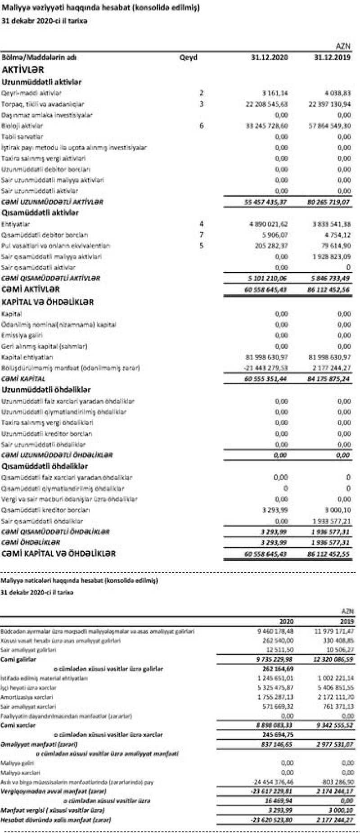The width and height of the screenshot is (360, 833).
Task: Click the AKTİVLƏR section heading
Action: coord(23,70)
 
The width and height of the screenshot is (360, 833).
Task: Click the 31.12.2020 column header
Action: coord(270,58)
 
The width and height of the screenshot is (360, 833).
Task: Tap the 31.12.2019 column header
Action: coord(332,58)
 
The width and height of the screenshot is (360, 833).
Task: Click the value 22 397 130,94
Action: coord(330,104)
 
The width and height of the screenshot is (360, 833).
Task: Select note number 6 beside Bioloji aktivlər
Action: coord(201,126)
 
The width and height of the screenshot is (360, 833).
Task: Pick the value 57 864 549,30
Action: coord(330,126)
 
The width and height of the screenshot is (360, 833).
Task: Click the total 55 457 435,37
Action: coord(265,202)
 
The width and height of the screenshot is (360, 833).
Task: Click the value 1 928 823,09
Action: coord(332,257)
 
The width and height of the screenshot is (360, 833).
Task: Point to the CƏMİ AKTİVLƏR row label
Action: coord(31,289)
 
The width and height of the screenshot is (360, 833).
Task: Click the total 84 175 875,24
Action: coord(328,379)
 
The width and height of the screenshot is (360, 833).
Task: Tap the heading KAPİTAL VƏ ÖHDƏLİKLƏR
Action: coord(48,302)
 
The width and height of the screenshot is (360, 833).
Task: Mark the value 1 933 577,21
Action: coord(332,521)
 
